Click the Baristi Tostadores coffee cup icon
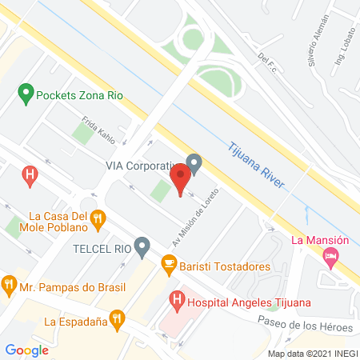(168, 262)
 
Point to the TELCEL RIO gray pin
(142, 247)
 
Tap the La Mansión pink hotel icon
(330, 256)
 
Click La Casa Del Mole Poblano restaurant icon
(98, 217)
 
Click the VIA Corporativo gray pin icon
(193, 162)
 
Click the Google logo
(26, 349)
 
